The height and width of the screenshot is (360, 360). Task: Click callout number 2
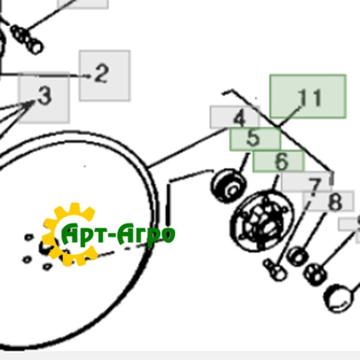(x=101, y=73)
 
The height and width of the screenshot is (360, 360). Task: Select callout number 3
(x=45, y=95)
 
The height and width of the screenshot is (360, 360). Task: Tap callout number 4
(x=239, y=118)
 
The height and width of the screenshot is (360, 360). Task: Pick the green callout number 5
(x=253, y=138)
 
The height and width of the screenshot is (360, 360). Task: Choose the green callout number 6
(x=281, y=161)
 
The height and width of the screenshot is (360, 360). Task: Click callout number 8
(x=335, y=202)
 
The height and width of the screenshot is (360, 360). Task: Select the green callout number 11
(x=309, y=98)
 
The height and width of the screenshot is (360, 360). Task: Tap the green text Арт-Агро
(x=118, y=233)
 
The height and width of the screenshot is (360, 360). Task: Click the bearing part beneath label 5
(x=229, y=185)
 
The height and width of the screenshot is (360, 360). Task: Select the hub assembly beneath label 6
(x=262, y=221)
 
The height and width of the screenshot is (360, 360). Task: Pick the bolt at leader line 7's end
(x=275, y=269)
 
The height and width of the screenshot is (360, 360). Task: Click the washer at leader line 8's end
(x=298, y=256)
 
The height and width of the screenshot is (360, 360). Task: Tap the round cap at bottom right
(x=338, y=298)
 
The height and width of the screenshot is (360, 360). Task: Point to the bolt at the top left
(x=26, y=39)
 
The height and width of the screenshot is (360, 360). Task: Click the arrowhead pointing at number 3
(x=31, y=104)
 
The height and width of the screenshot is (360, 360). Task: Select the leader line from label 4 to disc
(x=188, y=148)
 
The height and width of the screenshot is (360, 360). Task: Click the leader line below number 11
(x=290, y=116)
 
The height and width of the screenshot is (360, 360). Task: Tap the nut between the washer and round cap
(x=315, y=275)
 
